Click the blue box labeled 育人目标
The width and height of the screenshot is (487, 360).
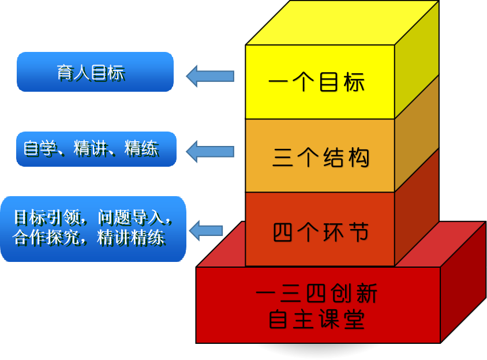[x=95, y=72]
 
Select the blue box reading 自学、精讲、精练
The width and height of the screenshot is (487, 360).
[x=96, y=149]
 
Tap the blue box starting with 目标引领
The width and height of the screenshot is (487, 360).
[x=93, y=228]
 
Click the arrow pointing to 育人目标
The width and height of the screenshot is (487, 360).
[x=209, y=76]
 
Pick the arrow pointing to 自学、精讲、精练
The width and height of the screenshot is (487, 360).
[x=209, y=151]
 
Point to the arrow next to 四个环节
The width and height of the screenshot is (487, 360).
[x=206, y=231]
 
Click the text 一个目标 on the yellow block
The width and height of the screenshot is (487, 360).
[x=317, y=82]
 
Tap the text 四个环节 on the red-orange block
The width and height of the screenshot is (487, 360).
[x=320, y=232]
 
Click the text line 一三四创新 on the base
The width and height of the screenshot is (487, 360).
[x=317, y=295]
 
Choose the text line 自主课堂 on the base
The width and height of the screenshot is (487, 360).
[x=317, y=320]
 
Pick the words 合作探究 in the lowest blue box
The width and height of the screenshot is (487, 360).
[x=44, y=238]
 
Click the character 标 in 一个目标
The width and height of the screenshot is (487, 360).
[x=354, y=82]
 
